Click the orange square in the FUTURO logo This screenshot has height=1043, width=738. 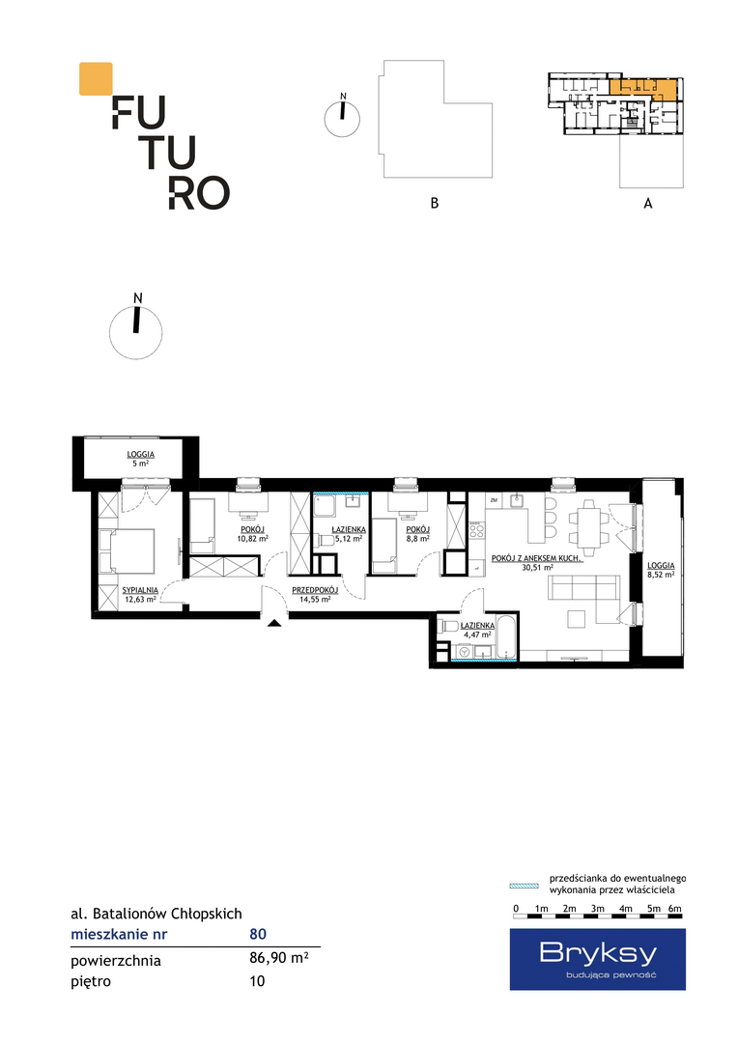(96, 78)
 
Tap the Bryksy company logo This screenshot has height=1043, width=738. (598, 959)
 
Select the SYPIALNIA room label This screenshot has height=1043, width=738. (140, 590)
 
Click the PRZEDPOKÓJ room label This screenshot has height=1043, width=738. (315, 590)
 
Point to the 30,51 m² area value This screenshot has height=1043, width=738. (538, 568)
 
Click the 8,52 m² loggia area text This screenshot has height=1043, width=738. (661, 574)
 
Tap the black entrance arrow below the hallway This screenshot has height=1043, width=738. (274, 623)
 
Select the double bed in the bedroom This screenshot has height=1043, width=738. (127, 550)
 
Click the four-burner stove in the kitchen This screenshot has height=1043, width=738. (476, 529)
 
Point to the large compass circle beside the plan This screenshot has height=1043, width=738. (136, 332)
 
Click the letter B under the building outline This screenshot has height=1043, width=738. (435, 203)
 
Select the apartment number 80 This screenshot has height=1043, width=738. (258, 934)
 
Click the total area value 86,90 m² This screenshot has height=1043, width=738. (278, 959)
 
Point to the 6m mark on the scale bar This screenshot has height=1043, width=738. (675, 909)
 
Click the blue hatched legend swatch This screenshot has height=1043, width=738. (524, 886)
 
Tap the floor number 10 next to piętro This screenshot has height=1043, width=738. (257, 981)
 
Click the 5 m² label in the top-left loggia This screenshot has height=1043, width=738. (140, 464)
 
